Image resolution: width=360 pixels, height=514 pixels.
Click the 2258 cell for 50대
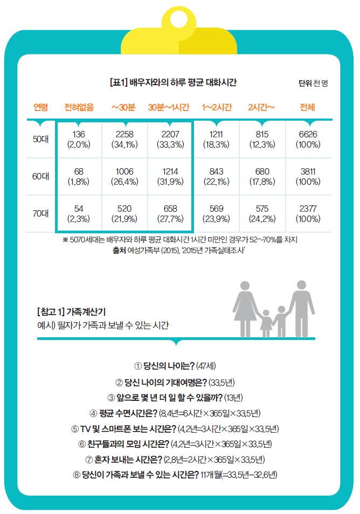(x=124, y=139)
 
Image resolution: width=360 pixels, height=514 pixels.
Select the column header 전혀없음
(x=79, y=107)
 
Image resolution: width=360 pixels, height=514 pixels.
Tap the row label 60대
(x=40, y=176)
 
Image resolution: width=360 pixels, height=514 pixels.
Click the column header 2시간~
(x=262, y=107)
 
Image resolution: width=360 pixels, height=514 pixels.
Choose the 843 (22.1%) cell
(x=216, y=176)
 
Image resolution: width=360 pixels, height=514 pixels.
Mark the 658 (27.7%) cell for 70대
(x=169, y=214)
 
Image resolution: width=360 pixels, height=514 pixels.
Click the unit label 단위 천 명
(x=313, y=84)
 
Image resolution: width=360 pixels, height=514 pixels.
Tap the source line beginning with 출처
(x=180, y=251)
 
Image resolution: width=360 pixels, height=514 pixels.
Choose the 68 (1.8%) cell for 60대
(x=79, y=176)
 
